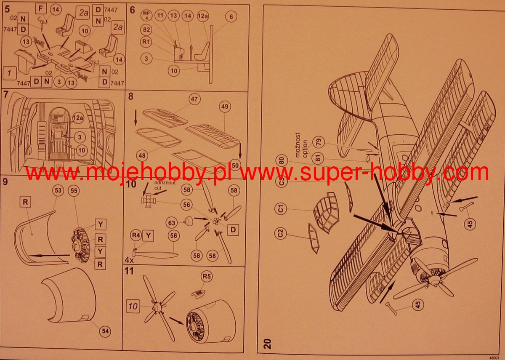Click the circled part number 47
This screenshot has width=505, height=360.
(x=194, y=100)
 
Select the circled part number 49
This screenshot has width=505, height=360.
(x=224, y=107)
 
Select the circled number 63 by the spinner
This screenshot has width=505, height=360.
(x=172, y=222)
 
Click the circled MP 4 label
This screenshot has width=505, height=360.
(x=147, y=16)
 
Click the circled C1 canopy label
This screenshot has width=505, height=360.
(x=282, y=208)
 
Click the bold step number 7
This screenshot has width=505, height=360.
(x=5, y=94)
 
